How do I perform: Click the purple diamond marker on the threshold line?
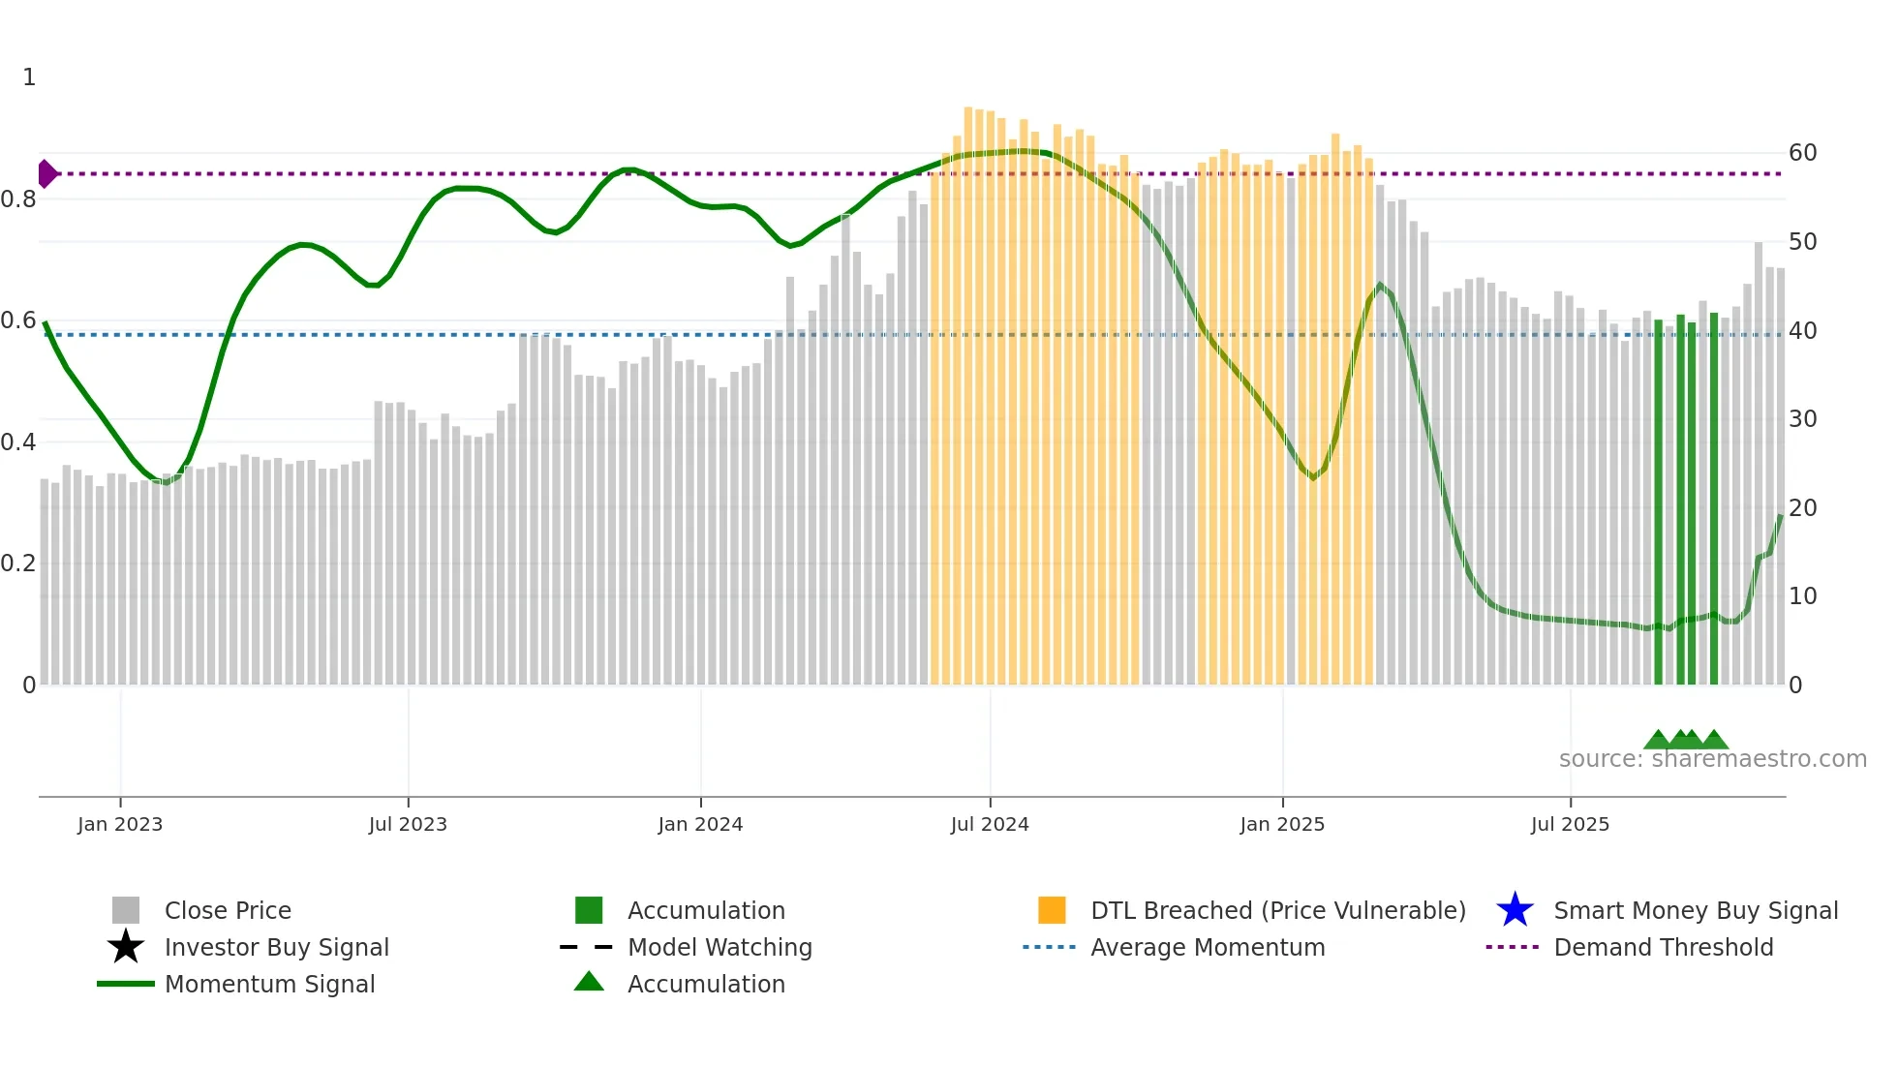point(46,173)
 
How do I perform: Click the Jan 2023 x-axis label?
point(120,825)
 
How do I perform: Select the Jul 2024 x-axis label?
point(990,825)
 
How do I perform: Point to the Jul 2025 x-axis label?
point(1570,825)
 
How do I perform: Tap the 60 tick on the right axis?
point(1802,153)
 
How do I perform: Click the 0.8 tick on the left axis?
point(19,199)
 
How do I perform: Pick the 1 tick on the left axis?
point(29,77)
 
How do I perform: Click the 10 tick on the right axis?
point(1802,596)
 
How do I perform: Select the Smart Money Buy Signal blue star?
point(1515,910)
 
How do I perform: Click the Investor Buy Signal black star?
point(126,947)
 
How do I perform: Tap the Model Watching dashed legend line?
point(587,947)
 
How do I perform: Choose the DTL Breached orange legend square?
point(1052,910)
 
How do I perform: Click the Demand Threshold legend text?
point(1663,947)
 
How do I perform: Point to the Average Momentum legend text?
point(1208,947)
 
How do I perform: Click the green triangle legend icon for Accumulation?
point(589,982)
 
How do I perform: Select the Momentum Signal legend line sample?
point(126,984)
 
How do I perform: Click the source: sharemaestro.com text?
point(1712,759)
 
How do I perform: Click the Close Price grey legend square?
point(126,910)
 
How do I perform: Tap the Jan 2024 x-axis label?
point(700,825)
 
